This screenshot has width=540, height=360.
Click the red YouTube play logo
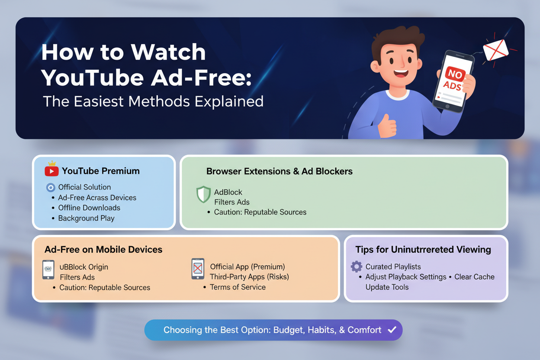point(51,171)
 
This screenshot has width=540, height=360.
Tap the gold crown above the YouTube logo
point(52,163)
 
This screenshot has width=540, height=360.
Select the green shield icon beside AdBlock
point(203,194)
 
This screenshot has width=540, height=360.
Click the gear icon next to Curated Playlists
point(357,267)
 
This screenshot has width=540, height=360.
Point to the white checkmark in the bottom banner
point(392,329)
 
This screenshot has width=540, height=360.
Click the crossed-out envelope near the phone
point(495,50)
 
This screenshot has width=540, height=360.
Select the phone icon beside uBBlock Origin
point(48,270)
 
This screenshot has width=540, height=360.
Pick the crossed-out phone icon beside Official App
point(198,269)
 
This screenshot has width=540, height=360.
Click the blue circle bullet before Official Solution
point(51,187)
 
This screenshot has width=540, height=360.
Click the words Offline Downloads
point(89,208)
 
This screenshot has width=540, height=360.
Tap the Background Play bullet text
point(86,218)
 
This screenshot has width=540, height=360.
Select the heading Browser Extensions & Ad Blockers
point(280,171)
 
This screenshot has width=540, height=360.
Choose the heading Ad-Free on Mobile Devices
point(103,250)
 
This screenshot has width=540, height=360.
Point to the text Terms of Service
point(238,287)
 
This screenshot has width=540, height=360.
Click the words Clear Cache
point(474,277)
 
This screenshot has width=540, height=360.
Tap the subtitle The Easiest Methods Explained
point(153,101)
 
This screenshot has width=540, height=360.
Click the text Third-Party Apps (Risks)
point(250,276)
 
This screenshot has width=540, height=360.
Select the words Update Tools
point(387,287)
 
